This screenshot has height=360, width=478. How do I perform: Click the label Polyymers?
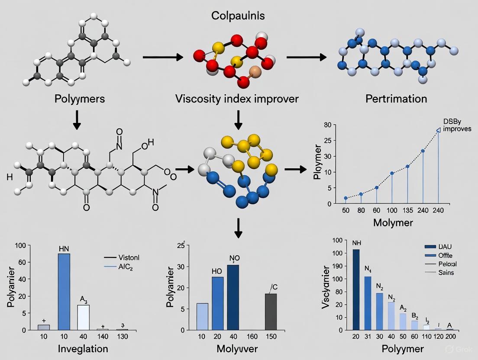pos(79,99)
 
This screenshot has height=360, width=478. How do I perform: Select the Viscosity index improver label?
pos(237,99)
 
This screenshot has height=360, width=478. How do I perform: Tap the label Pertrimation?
pos(396,99)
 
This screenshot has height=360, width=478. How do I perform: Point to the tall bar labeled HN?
pos(64,292)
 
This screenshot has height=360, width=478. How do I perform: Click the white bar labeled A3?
pos(84,317)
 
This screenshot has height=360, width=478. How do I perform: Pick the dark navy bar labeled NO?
pos(233,297)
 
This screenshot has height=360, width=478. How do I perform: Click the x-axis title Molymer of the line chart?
pos(393,223)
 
